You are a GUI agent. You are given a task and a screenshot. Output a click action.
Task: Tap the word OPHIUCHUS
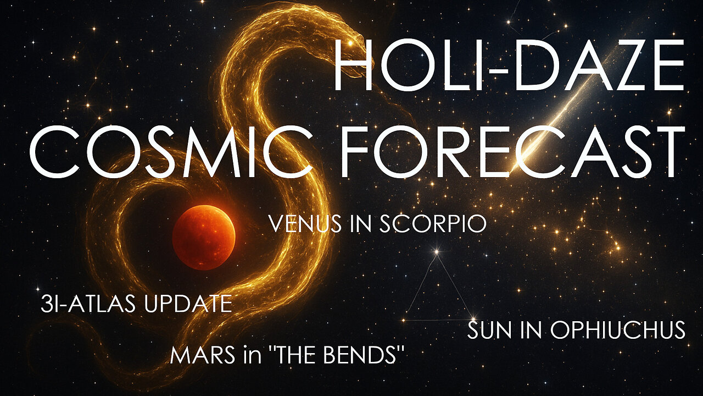[x=618, y=330]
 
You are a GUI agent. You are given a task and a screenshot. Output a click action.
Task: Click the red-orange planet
[x=204, y=237]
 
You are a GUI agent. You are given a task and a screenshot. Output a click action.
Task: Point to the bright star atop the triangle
[x=437, y=252]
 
